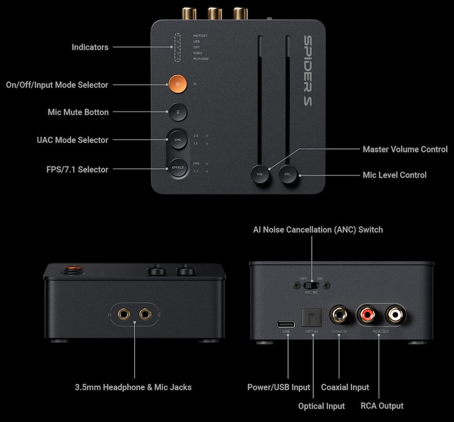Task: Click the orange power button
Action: click(178, 83)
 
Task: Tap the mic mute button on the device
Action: click(178, 112)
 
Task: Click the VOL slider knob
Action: click(260, 174)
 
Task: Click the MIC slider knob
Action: click(288, 174)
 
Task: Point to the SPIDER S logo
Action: click(307, 63)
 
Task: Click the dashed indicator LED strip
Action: click(177, 47)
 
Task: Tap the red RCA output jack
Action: click(367, 315)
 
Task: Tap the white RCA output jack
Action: click(394, 315)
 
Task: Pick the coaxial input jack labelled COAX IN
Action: click(338, 315)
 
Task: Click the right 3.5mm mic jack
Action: click(145, 314)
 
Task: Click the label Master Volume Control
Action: click(405, 149)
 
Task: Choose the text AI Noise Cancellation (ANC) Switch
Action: click(318, 230)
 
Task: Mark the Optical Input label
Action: click(321, 406)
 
